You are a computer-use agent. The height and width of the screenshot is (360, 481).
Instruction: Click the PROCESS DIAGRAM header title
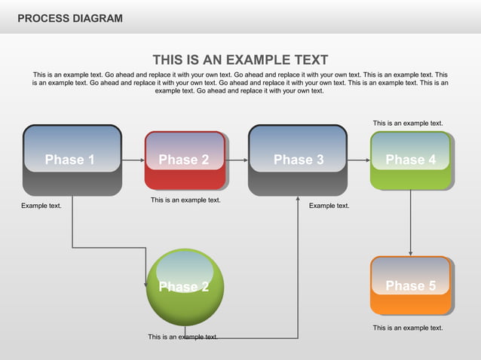pos(69,18)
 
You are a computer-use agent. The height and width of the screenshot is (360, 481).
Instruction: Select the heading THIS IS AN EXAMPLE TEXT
pos(240,60)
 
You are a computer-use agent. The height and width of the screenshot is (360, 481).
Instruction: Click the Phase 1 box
pos(72,160)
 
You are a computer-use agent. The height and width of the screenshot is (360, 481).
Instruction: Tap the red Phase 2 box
pos(185,160)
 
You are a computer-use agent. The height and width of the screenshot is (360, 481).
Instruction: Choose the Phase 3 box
pos(298,160)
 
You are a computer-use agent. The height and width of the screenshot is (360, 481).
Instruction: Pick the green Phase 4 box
pos(411,160)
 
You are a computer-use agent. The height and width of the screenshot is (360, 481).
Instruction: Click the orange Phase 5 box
pos(411,285)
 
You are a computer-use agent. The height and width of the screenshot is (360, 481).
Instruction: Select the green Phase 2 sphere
pos(185,287)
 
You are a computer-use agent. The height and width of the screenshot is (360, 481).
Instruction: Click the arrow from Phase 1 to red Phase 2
pos(133,160)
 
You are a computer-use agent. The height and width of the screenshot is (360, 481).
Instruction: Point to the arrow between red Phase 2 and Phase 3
pos(237,160)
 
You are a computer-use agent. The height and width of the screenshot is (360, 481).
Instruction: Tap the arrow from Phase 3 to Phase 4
pos(358,160)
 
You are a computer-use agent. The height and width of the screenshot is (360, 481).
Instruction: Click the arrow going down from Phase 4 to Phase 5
pos(410,222)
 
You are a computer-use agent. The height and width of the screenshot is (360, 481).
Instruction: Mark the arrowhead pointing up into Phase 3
pos(298,200)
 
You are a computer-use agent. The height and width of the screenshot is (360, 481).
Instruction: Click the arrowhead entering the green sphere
pos(146,283)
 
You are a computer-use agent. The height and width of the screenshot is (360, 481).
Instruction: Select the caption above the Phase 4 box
pos(408,123)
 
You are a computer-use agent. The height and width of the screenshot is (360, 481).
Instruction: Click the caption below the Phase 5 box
pos(408,328)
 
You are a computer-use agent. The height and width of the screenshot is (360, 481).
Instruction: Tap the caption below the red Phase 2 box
pos(185,200)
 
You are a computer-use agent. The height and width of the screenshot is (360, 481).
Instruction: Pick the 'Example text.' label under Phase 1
pos(41,206)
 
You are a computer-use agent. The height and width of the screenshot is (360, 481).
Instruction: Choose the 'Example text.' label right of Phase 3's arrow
pos(329,206)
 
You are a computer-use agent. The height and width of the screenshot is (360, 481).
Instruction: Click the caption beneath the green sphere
pos(183,337)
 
